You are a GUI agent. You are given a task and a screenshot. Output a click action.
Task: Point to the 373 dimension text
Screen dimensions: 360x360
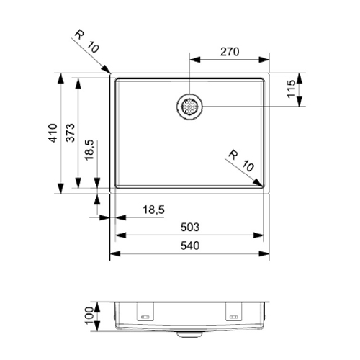[x=70, y=133]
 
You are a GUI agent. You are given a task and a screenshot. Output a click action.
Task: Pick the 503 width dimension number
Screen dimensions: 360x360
[x=189, y=227]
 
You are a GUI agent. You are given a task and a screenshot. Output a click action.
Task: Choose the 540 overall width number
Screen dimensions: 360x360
[x=189, y=246]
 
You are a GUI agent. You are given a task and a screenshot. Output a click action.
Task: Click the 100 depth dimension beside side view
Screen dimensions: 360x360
[x=89, y=315]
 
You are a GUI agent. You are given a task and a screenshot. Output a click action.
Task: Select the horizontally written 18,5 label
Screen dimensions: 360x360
[x=153, y=209]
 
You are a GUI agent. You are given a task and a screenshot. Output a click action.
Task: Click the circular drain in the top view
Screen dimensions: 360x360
[x=190, y=107]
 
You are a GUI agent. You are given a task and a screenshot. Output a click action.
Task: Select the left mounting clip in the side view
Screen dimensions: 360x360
[x=146, y=315]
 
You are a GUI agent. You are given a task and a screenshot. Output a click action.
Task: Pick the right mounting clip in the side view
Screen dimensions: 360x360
[x=235, y=315]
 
